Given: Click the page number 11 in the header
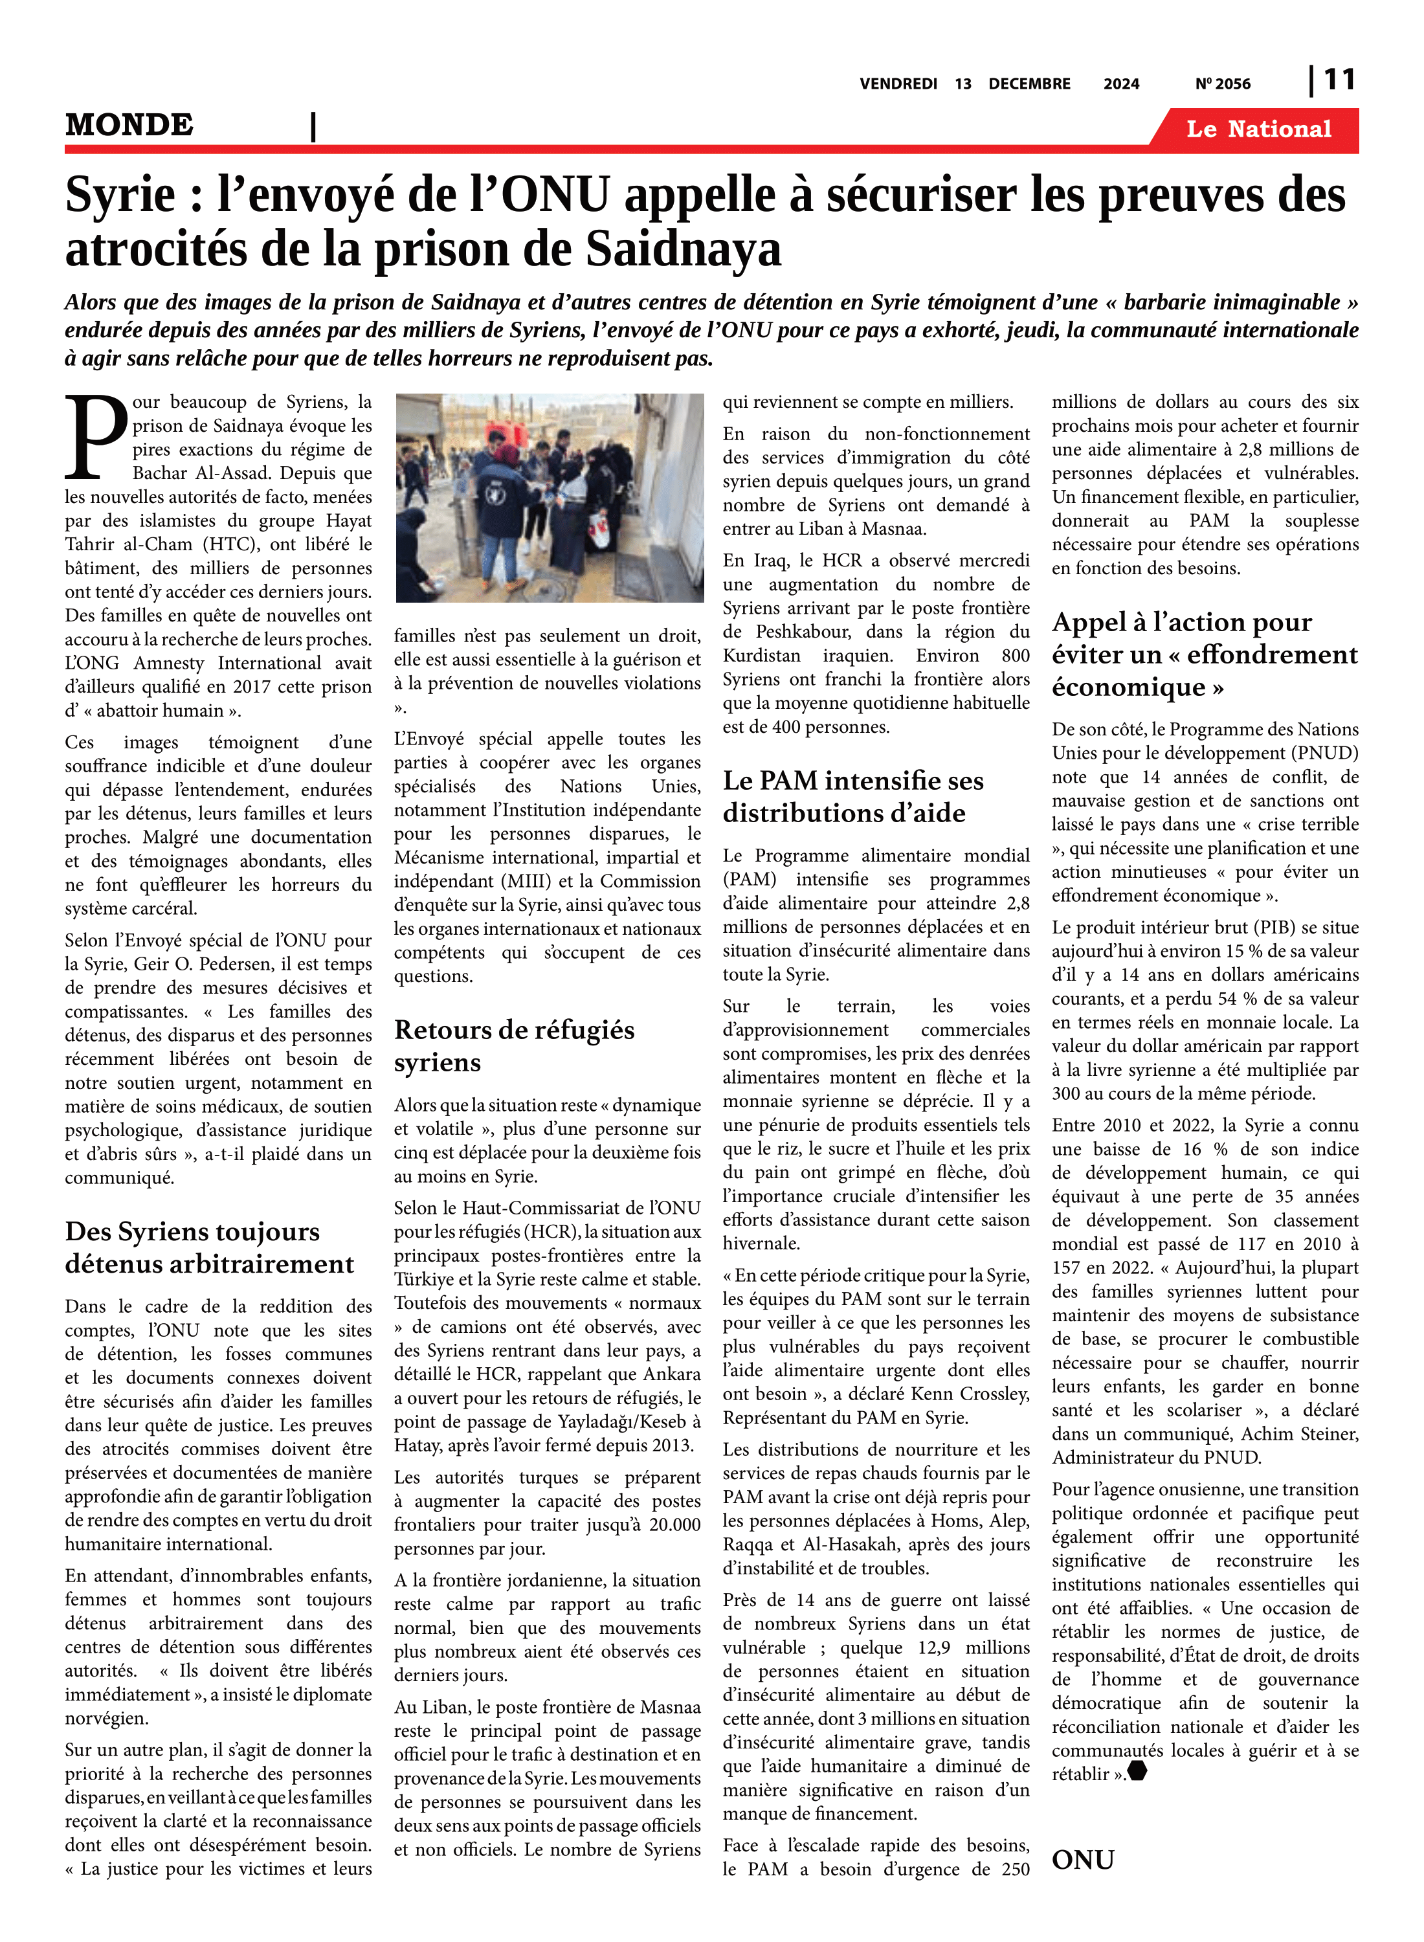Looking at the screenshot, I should [x=1339, y=80].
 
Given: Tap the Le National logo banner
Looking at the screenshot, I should [x=1258, y=129].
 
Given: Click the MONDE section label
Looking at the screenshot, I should [x=129, y=125].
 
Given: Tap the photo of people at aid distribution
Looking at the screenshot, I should [x=549, y=497].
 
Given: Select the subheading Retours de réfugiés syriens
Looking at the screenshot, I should [x=514, y=1045].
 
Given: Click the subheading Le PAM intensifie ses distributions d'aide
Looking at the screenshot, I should [x=852, y=796].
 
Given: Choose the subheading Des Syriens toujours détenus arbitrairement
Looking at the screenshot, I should [x=210, y=1247].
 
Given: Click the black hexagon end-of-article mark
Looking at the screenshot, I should [x=1138, y=1771].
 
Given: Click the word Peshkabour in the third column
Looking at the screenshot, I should [x=803, y=632].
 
